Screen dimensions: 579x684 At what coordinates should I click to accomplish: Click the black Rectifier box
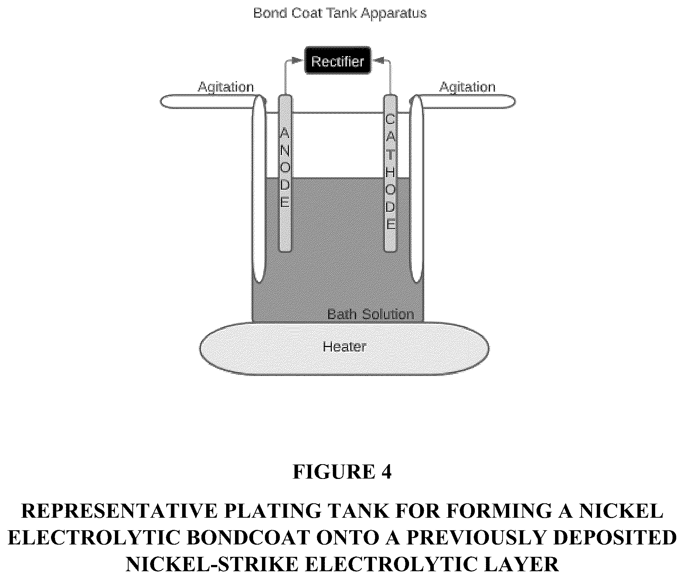(x=338, y=61)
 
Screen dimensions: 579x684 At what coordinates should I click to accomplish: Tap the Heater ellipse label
(x=344, y=347)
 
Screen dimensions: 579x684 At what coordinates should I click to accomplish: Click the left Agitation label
(x=226, y=87)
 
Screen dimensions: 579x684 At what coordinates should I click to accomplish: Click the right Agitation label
(x=467, y=87)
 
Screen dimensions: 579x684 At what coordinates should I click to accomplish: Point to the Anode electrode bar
(x=285, y=174)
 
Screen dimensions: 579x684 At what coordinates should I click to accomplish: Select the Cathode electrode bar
(x=391, y=174)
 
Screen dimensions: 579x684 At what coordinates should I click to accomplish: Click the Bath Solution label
(x=370, y=315)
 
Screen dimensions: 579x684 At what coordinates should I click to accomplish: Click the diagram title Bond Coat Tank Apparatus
(x=340, y=13)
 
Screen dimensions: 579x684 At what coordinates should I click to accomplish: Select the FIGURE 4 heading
(x=342, y=472)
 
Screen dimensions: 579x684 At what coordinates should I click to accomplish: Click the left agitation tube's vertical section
(x=259, y=192)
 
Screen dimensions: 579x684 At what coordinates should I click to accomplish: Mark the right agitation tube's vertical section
(x=416, y=192)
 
